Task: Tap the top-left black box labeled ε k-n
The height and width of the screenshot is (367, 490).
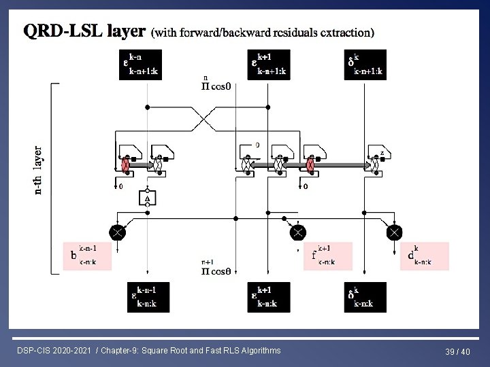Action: (142, 65)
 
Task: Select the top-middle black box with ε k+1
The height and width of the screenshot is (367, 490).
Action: (268, 65)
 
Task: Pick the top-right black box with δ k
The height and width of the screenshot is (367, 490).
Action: (366, 65)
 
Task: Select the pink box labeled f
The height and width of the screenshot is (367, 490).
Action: (328, 256)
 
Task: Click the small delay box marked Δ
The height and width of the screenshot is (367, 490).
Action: (145, 197)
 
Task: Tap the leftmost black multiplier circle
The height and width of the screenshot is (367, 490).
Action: (116, 232)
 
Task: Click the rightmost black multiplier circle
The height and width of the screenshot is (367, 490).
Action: (394, 232)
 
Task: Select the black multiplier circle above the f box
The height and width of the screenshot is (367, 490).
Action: (297, 232)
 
